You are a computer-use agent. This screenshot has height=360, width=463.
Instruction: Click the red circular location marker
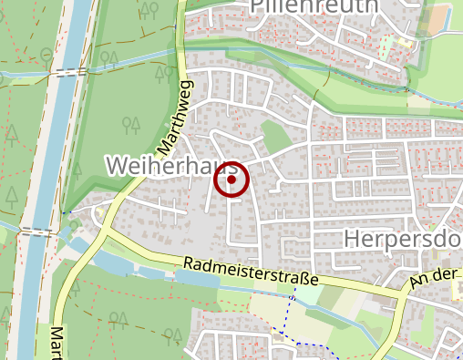231,180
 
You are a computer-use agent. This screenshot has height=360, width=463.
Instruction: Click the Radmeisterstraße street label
250,273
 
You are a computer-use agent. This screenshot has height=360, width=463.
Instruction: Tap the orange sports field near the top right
442,17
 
